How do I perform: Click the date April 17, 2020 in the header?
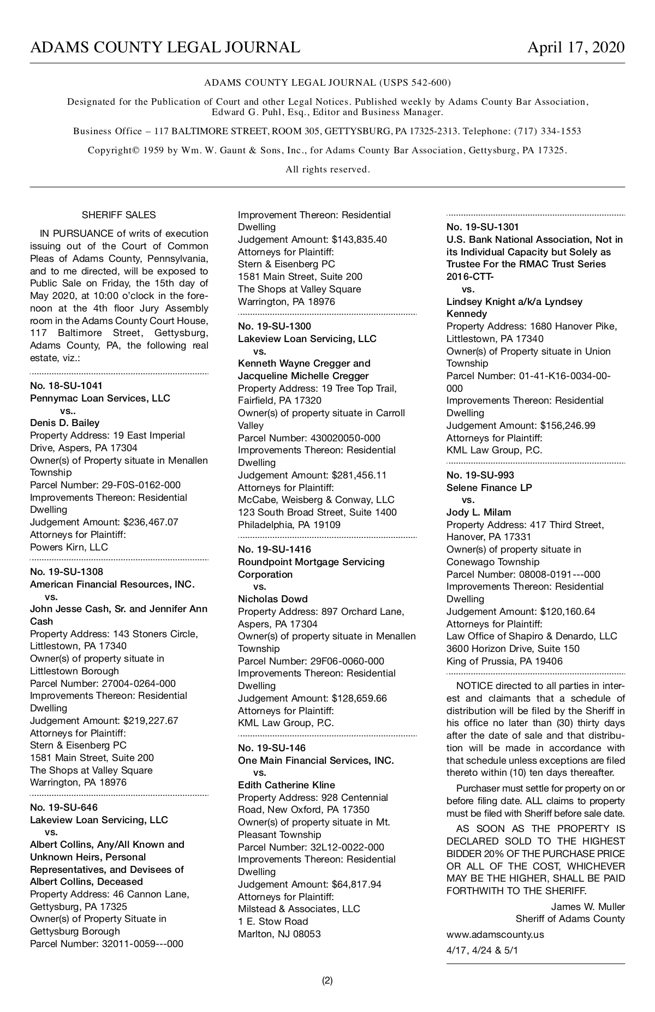tap(575, 47)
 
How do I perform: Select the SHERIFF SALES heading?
tap(118, 215)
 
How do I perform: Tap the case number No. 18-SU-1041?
tap(66, 386)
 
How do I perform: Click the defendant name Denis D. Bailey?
tap(64, 423)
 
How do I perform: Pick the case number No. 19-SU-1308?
tap(66, 572)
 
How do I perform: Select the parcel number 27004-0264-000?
tap(139, 684)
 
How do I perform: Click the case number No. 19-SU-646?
tap(63, 807)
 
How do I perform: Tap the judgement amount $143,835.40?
tap(359, 239)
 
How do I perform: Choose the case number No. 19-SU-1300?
tap(275, 326)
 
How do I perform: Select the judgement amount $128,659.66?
tap(359, 698)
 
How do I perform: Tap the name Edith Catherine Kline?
tap(287, 785)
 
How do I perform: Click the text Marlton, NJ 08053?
tap(279, 934)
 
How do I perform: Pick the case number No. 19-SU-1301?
tap(483, 227)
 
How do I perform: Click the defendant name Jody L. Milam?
tap(479, 512)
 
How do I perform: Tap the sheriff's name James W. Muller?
tap(588, 907)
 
